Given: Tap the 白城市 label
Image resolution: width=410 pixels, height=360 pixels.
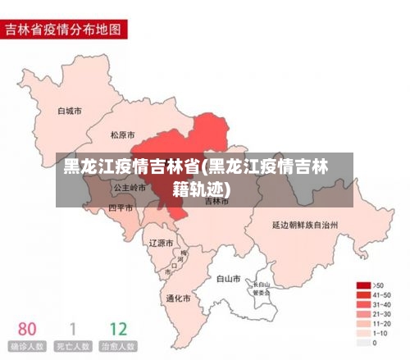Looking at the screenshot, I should tap(70, 110).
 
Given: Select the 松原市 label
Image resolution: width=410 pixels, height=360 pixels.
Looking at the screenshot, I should tap(124, 134).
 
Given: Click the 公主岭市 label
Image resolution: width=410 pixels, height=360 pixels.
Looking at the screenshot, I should tap(130, 187).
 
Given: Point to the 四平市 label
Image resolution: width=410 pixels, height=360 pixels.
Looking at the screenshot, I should tap(121, 207).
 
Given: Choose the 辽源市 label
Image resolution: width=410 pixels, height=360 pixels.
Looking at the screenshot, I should tap(161, 243).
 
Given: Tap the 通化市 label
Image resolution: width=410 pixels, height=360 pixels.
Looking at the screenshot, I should tap(178, 298).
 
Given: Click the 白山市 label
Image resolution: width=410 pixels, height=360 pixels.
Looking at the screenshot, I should tap(228, 278).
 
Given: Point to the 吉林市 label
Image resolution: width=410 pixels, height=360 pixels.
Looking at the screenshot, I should tap(216, 200).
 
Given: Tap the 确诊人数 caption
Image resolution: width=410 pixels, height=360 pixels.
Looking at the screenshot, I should tap(27, 347).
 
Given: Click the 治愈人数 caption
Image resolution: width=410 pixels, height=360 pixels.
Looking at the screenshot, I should tap(118, 347).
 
